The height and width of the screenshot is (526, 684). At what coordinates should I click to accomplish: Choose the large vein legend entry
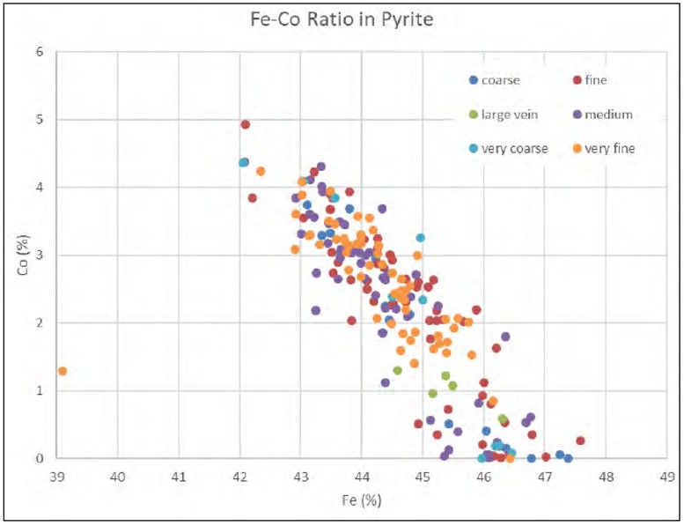coord(508,115)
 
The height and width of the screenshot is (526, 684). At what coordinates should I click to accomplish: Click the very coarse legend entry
coord(511,148)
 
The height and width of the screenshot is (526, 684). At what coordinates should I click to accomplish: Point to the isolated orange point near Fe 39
coord(63,371)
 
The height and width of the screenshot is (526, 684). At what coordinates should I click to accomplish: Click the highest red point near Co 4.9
coord(246,125)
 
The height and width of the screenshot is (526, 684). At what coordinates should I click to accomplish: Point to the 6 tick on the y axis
coord(40,52)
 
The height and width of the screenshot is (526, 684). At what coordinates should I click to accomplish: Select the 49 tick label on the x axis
coord(666,477)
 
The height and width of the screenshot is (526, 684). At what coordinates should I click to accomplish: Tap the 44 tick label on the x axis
coord(362,477)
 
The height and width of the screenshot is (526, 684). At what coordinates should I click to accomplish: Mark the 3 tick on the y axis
coord(40,256)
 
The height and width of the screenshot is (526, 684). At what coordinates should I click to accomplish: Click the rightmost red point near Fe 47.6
coord(580,441)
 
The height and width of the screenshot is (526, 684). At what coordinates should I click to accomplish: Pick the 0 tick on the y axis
coord(40,458)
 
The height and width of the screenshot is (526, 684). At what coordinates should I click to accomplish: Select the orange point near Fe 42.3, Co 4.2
coord(261,171)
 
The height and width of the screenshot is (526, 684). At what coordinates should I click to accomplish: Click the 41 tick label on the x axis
coord(180,477)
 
